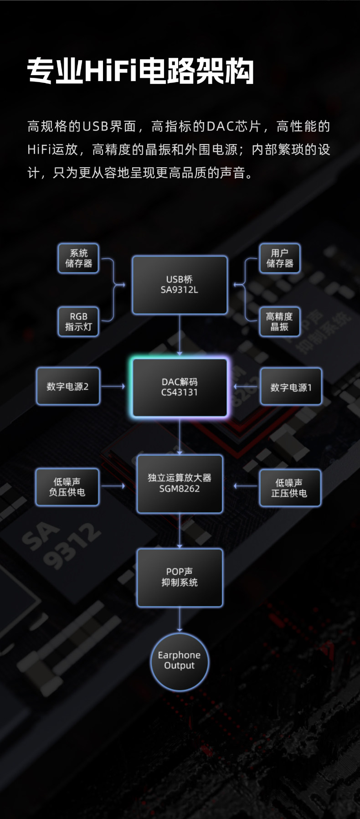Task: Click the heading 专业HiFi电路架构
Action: click(x=140, y=71)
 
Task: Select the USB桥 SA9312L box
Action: click(x=180, y=285)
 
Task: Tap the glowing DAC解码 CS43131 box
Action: click(x=180, y=387)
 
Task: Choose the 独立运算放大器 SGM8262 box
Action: click(x=180, y=484)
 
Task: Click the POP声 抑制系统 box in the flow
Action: click(x=180, y=577)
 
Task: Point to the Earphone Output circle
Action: click(x=179, y=660)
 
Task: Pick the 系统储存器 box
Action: click(x=78, y=258)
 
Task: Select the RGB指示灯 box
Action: click(x=78, y=322)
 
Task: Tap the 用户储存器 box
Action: click(x=279, y=258)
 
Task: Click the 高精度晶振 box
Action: click(x=279, y=322)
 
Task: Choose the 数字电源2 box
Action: click(x=67, y=386)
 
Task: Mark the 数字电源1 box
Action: click(x=291, y=387)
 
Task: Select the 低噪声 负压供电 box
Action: click(x=67, y=487)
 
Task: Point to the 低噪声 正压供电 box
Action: click(x=289, y=488)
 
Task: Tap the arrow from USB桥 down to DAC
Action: click(x=180, y=335)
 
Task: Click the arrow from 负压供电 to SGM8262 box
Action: click(x=113, y=486)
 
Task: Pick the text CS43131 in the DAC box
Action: click(x=180, y=392)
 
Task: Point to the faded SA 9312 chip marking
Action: click(x=62, y=545)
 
